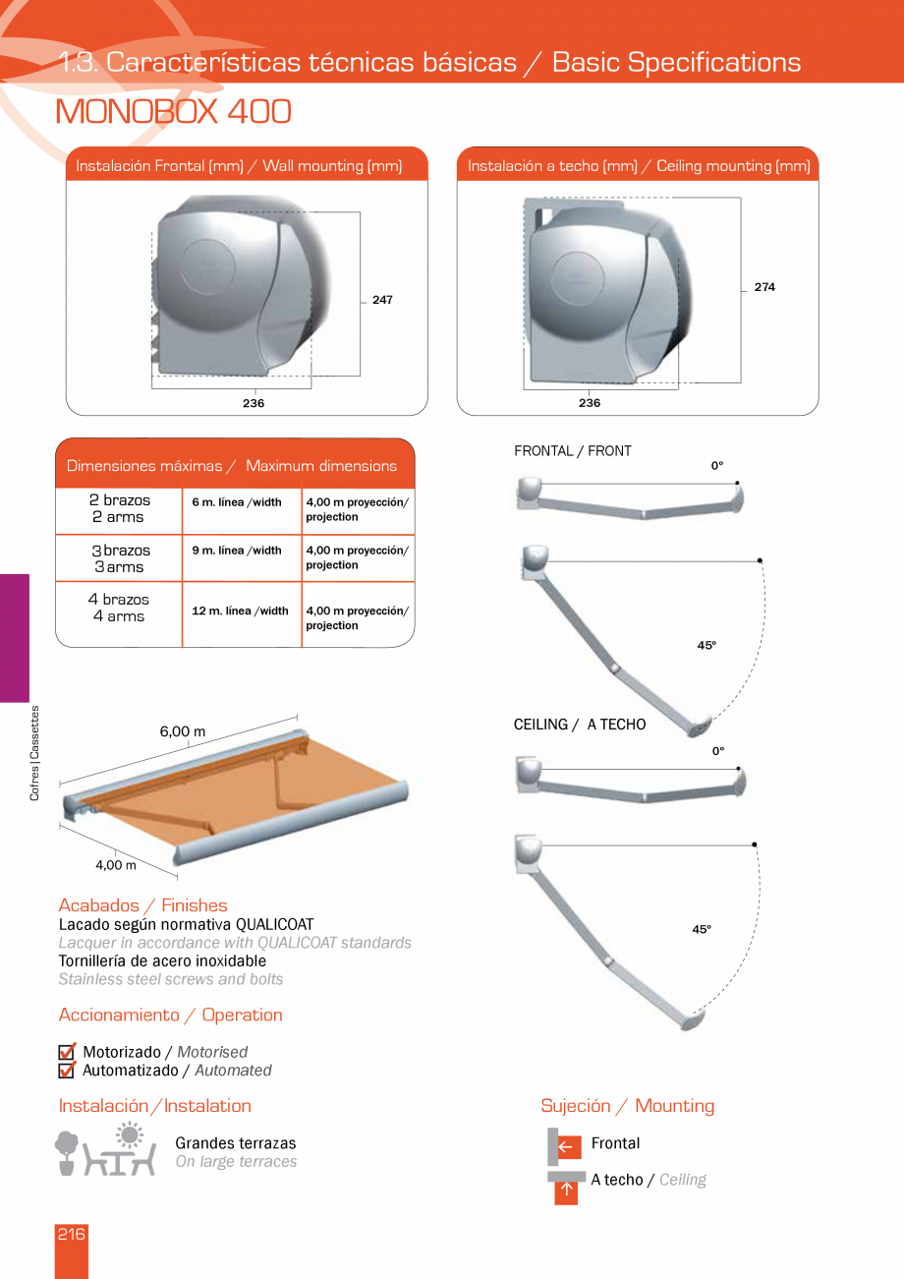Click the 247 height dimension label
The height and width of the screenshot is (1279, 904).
point(382,300)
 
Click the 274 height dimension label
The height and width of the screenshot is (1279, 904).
point(764,287)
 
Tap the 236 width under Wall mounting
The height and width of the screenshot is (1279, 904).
point(254,403)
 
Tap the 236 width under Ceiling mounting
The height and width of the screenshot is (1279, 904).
point(590,403)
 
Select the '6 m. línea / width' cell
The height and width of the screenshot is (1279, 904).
point(237,502)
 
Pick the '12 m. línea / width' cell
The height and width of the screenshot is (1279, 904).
point(241,611)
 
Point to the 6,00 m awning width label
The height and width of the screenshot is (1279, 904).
point(183,731)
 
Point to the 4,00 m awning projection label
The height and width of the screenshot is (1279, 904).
point(116,865)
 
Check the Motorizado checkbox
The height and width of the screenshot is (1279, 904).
point(67,1053)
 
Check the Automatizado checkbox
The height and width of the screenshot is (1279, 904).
point(67,1071)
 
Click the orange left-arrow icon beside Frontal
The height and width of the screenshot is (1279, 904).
point(566,1145)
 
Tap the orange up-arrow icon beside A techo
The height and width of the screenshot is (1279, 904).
point(566,1192)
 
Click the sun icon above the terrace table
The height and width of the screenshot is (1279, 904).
point(129,1135)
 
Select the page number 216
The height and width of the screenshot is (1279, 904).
point(71,1235)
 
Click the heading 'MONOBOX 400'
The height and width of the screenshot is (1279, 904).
point(174,112)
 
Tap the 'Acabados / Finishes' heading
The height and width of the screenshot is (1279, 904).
point(142,905)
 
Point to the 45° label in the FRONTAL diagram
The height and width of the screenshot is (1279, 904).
point(706,645)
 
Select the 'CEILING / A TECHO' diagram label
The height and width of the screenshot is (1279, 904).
point(580,725)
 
